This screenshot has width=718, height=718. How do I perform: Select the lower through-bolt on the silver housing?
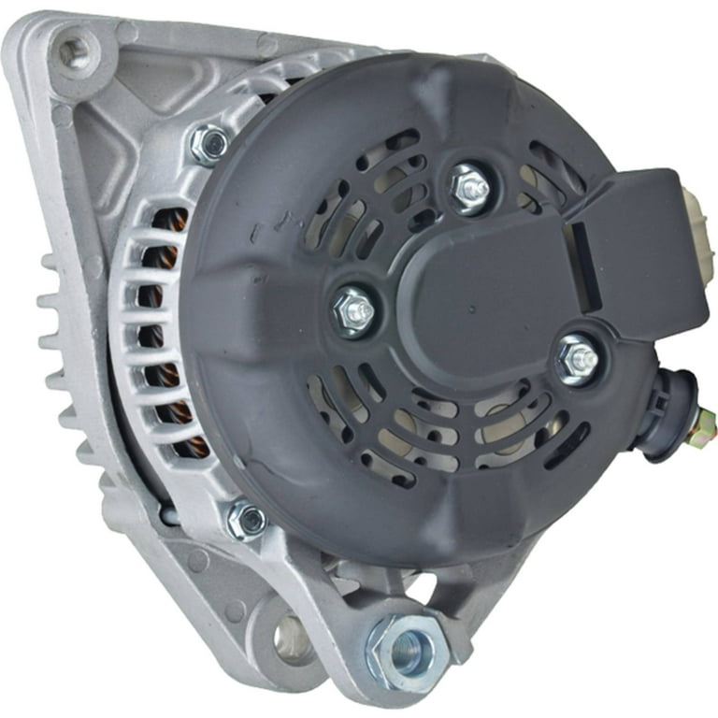[246, 520]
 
